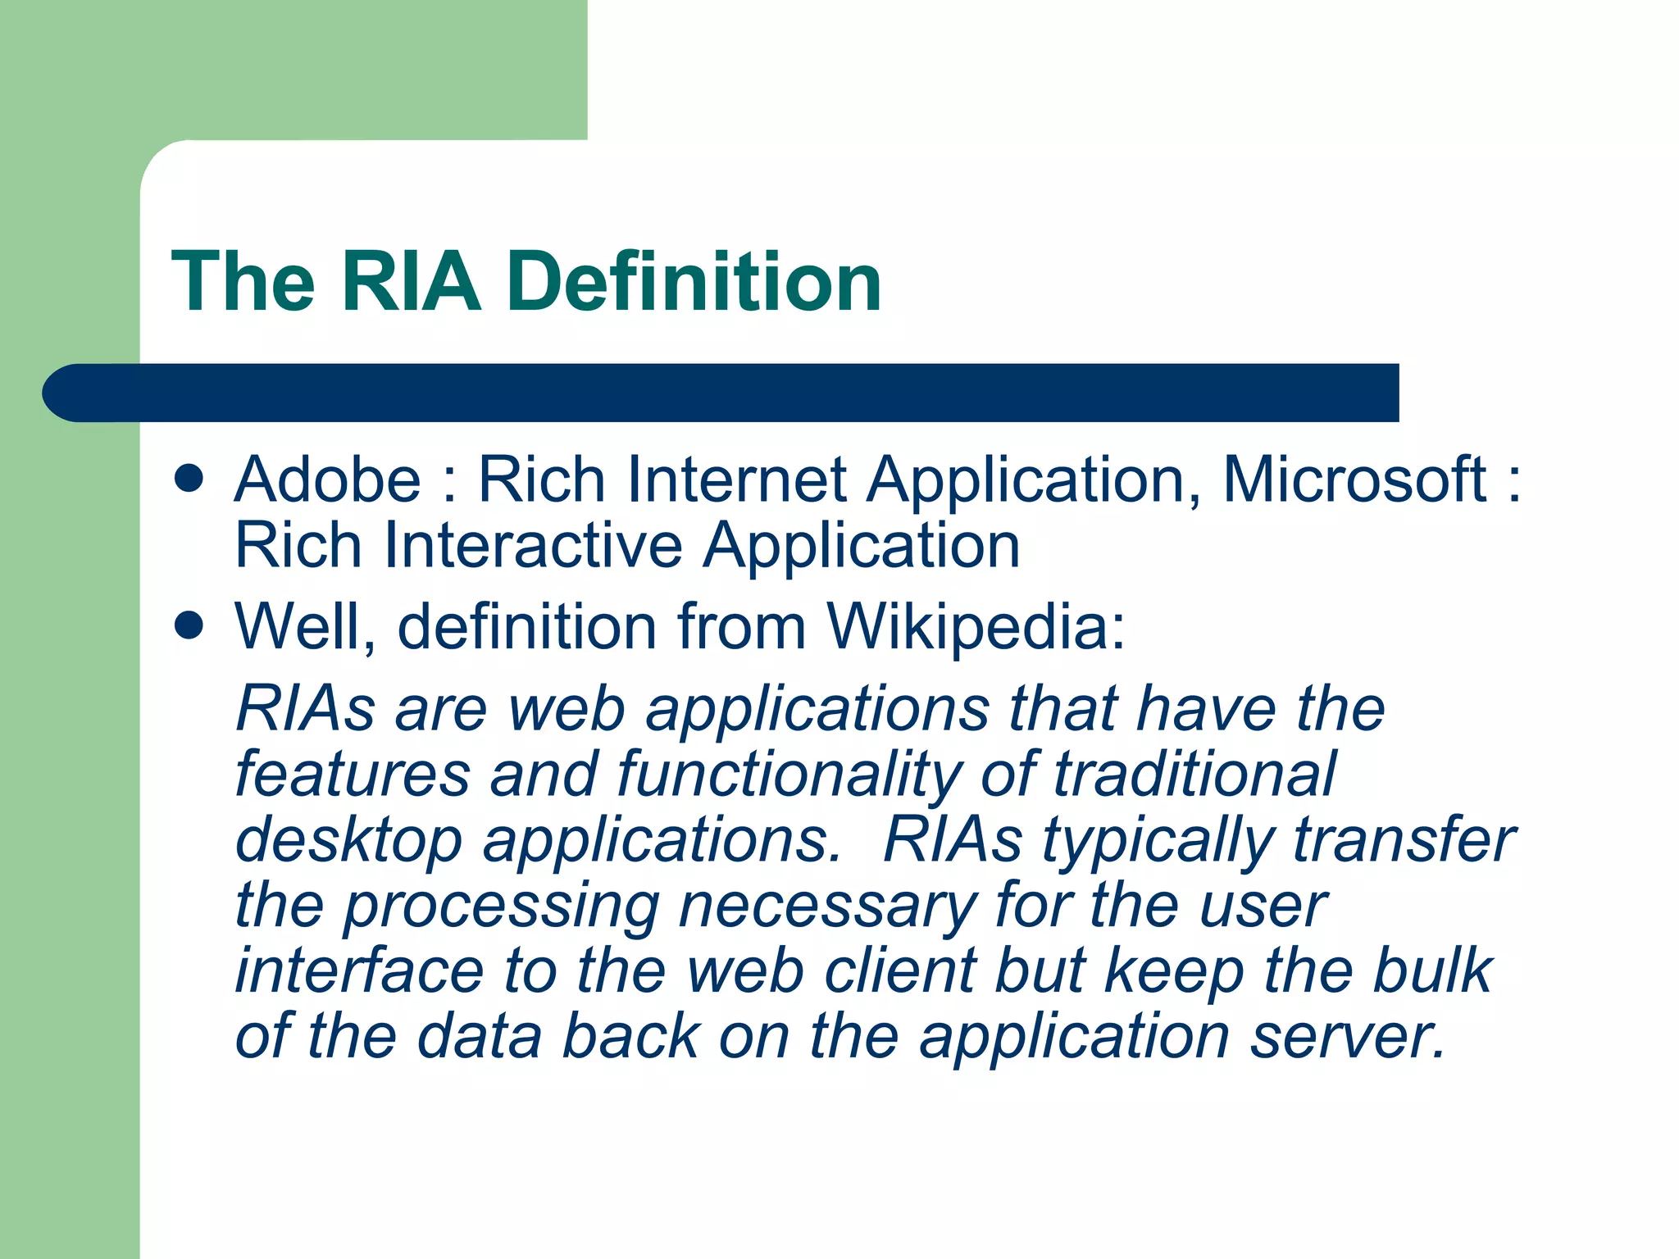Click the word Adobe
click(327, 480)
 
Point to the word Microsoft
click(1354, 480)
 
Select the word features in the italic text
click(353, 775)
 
